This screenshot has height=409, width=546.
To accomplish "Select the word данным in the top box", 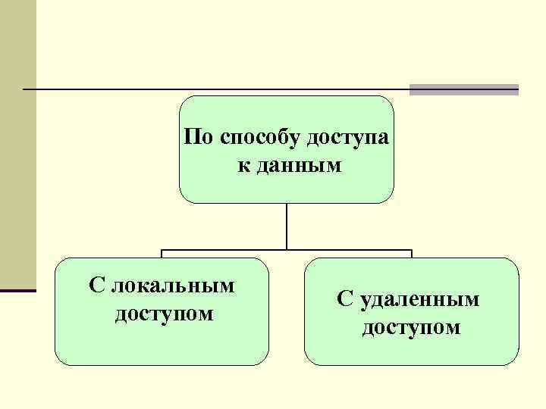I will click(x=301, y=164).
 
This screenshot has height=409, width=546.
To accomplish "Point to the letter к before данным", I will click(x=242, y=164).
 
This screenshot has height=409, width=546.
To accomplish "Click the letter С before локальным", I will click(x=96, y=286).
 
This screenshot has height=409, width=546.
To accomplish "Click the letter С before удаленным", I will click(x=345, y=299).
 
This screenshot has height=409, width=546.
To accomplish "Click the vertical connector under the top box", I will click(x=287, y=226).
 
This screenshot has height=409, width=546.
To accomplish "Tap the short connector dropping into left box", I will click(x=162, y=254).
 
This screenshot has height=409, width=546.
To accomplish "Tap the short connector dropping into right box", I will click(x=411, y=254).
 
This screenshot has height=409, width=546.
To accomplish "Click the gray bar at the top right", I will click(x=463, y=89).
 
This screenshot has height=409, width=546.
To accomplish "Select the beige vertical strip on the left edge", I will click(x=17, y=144).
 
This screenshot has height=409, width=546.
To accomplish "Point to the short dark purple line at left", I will click(x=17, y=290).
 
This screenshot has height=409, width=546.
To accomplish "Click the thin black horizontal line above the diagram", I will click(x=212, y=89).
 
